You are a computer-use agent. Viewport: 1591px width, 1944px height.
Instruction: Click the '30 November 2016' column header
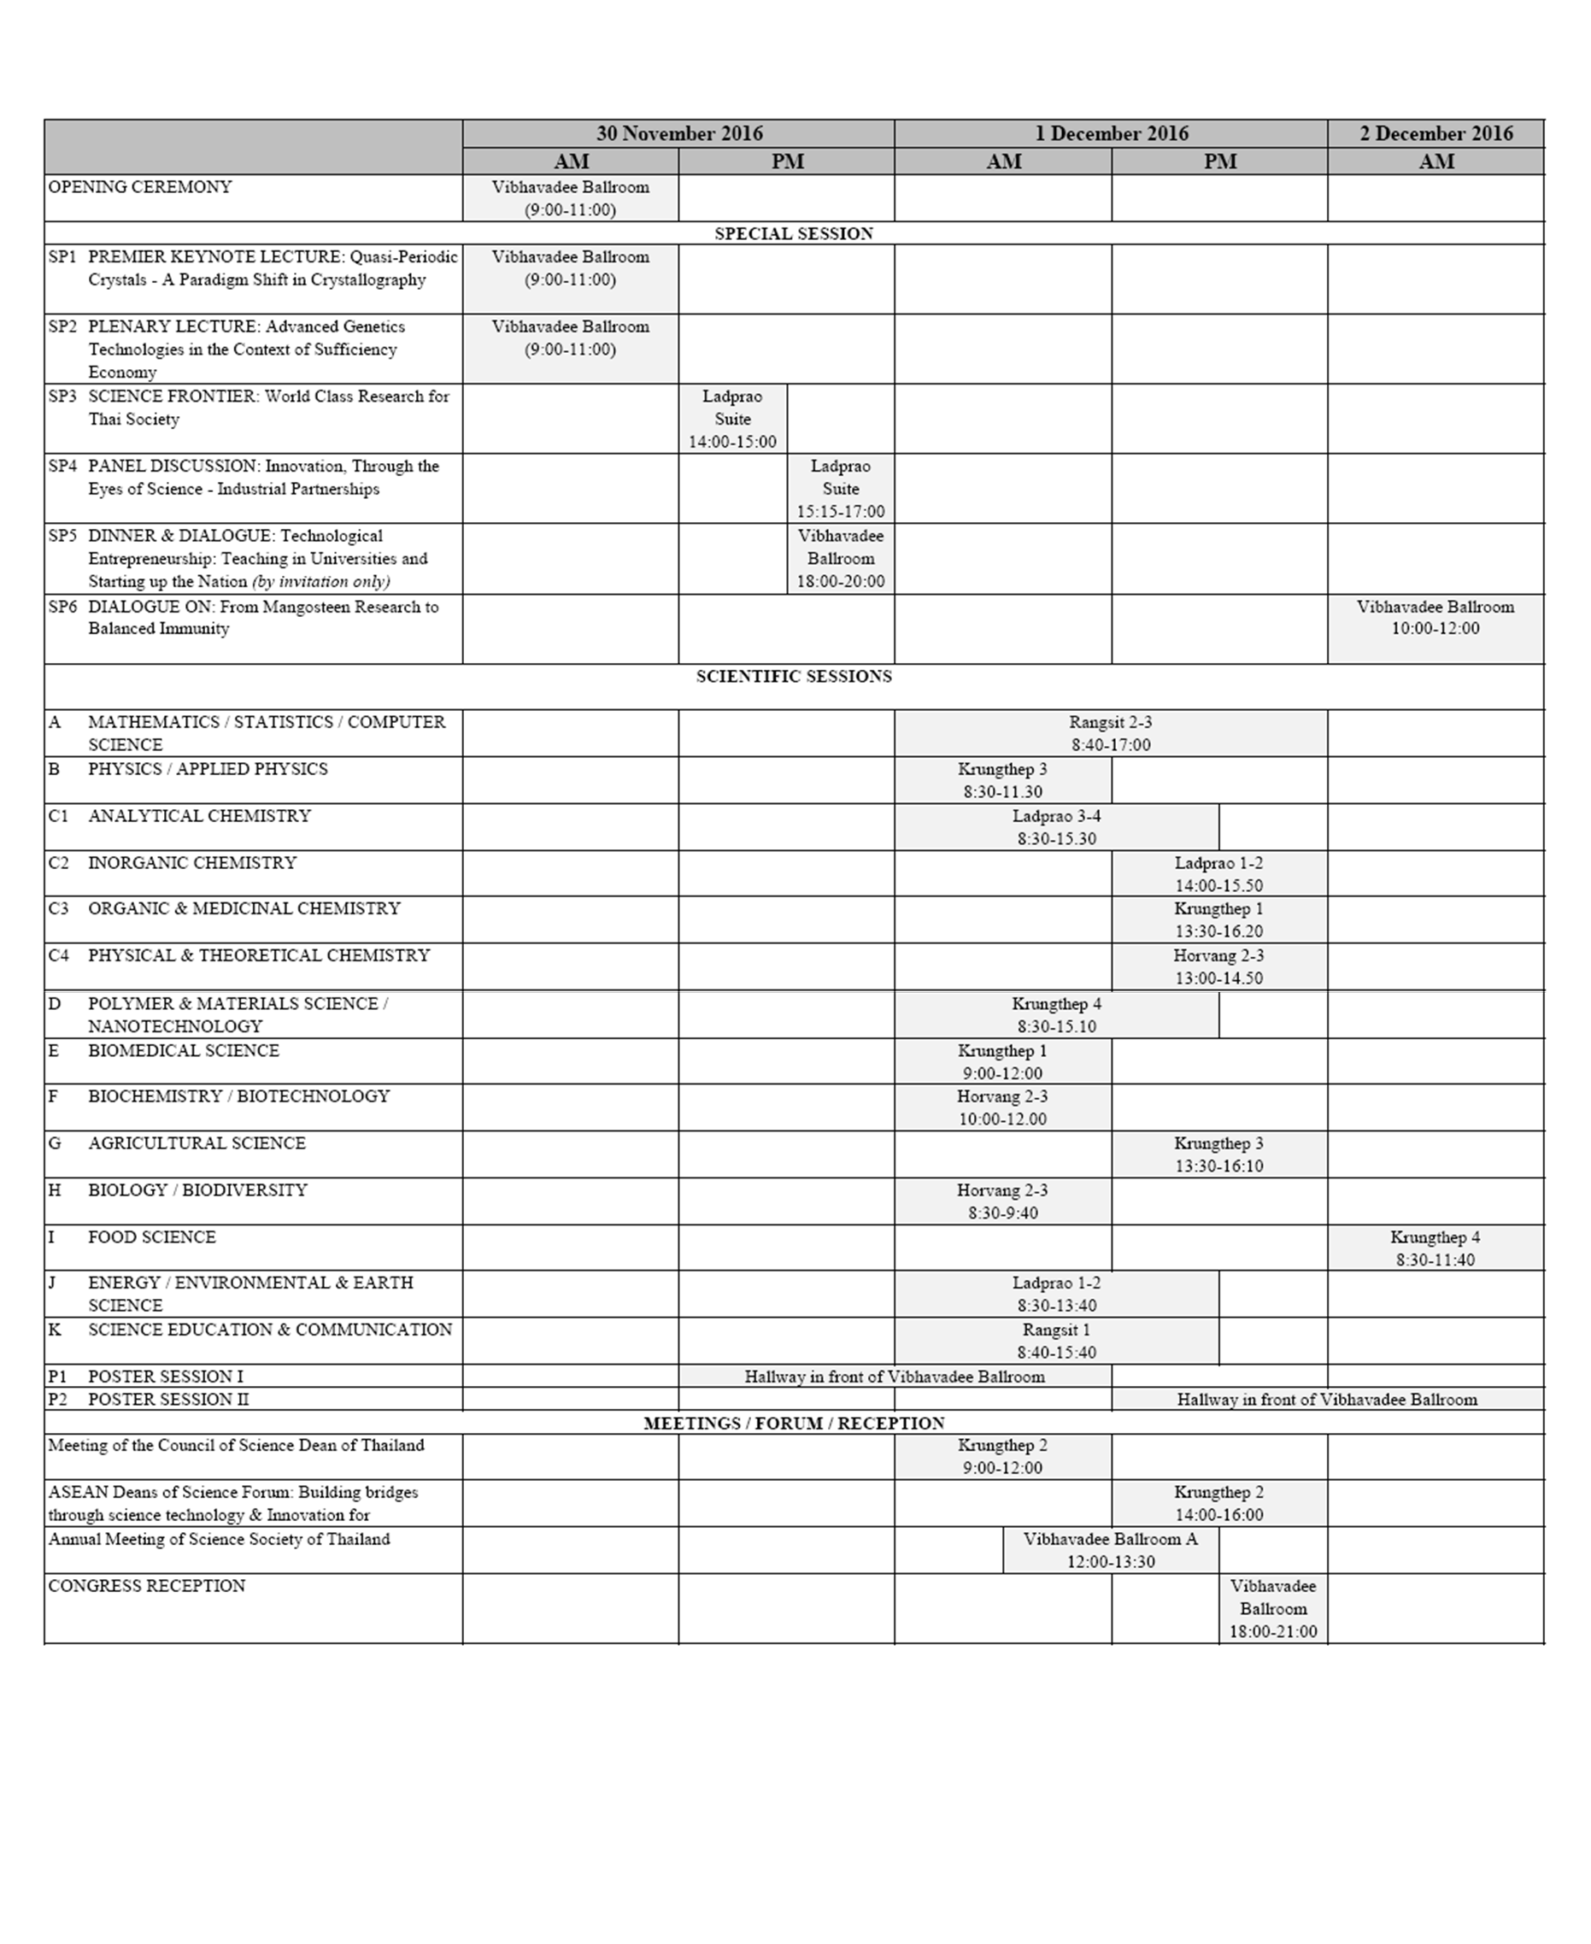679,134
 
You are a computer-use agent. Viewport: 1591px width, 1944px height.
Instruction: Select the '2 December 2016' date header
1435,134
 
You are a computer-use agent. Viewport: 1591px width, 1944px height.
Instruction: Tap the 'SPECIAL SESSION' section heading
794,234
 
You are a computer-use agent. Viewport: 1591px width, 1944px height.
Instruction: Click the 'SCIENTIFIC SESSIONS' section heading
794,677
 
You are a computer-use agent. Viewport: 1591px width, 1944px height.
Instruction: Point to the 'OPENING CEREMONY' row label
140,187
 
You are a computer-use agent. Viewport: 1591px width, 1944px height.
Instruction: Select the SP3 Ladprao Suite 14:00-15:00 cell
732,419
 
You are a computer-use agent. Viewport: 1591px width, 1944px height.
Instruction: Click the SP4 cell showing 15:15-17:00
841,490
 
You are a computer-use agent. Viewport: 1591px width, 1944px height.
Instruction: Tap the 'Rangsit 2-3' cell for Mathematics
1110,733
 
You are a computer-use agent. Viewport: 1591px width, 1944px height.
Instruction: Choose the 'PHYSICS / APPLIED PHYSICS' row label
207,769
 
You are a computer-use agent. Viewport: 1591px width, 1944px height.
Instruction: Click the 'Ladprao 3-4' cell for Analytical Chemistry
1056,826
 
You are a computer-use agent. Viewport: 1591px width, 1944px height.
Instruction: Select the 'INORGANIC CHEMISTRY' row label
191,862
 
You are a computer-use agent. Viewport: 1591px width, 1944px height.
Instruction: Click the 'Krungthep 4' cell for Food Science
1435,1248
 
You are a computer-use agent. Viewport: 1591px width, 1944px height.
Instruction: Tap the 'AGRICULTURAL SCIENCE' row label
197,1143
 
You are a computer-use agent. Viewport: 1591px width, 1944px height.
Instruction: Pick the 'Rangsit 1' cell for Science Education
1056,1340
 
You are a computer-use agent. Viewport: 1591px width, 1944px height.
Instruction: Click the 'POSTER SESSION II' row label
167,1400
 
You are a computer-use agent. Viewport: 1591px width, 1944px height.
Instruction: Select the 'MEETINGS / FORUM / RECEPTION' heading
794,1424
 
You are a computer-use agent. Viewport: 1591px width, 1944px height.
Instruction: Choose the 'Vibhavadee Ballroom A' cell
1110,1550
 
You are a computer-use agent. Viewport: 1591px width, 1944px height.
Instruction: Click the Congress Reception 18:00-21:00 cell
1273,1608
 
